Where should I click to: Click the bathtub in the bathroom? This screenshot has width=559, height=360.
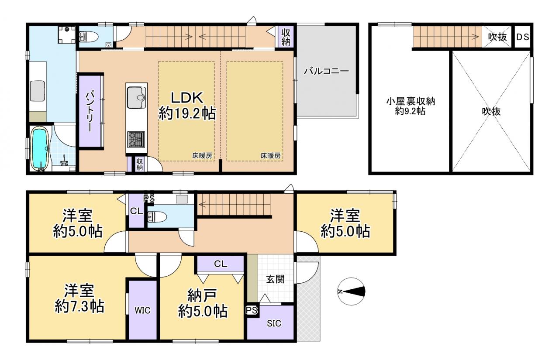click(40, 149)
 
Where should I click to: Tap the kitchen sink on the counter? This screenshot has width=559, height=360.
click(137, 97)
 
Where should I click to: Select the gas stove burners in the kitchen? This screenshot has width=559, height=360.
click(136, 139)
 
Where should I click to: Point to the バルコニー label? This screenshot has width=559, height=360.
click(326, 71)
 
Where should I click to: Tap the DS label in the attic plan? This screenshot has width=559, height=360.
click(523, 37)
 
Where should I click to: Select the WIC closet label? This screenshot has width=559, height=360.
click(142, 310)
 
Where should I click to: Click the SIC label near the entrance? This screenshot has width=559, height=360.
click(274, 323)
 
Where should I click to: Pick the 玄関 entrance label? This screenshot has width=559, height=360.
click(275, 279)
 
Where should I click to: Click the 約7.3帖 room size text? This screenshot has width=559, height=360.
click(79, 306)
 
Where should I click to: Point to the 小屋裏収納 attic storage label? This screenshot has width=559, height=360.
click(411, 102)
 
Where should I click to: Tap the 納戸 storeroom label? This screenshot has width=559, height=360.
click(202, 295)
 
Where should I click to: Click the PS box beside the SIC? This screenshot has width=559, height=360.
click(252, 311)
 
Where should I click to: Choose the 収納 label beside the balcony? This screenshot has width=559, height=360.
click(286, 37)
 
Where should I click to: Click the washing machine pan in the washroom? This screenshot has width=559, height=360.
click(67, 34)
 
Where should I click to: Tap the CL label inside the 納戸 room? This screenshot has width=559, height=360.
click(221, 264)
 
